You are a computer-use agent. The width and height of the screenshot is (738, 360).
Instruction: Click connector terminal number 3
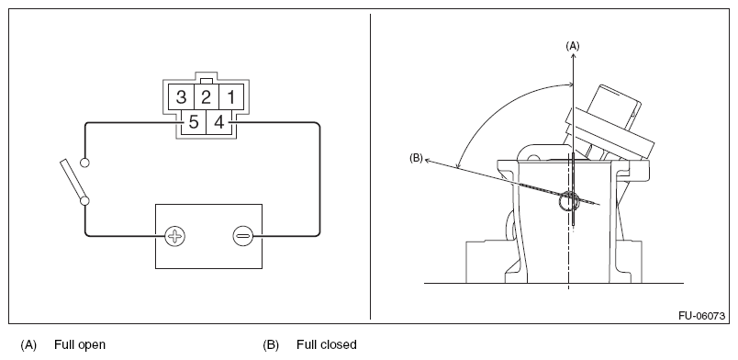[x=181, y=97]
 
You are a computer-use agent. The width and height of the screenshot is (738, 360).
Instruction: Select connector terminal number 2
[x=207, y=97]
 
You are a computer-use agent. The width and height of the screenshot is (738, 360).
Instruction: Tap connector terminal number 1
[x=231, y=97]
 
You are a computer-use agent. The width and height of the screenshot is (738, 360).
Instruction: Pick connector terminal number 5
[x=194, y=122]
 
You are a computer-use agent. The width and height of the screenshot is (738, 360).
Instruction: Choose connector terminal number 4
[x=218, y=122]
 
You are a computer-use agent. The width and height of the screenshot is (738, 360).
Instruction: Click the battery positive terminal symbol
[x=175, y=236]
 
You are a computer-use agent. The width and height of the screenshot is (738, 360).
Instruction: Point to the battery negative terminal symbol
[x=243, y=236]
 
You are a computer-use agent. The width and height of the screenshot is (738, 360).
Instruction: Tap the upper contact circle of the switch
[x=84, y=163]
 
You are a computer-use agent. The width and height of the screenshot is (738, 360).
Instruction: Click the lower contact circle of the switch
[x=84, y=201]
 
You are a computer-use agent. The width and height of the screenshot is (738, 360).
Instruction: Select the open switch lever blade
[x=73, y=179]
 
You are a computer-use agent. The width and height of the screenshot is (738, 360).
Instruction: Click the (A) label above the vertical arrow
[x=573, y=46]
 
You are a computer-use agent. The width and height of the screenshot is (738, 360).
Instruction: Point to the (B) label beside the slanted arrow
[x=416, y=158]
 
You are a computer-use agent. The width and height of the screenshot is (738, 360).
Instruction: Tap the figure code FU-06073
[x=701, y=316]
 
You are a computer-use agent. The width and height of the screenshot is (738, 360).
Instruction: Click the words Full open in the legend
[x=80, y=344]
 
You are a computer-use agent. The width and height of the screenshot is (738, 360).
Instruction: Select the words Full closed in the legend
[x=327, y=344]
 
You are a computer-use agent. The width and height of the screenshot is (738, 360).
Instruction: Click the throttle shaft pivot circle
[x=568, y=201]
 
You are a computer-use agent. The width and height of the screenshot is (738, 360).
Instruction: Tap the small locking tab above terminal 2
[x=207, y=81]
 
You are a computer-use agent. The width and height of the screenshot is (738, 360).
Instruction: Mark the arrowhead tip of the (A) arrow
[x=574, y=52]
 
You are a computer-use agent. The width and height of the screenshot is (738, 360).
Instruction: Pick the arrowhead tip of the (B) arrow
[x=425, y=160]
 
